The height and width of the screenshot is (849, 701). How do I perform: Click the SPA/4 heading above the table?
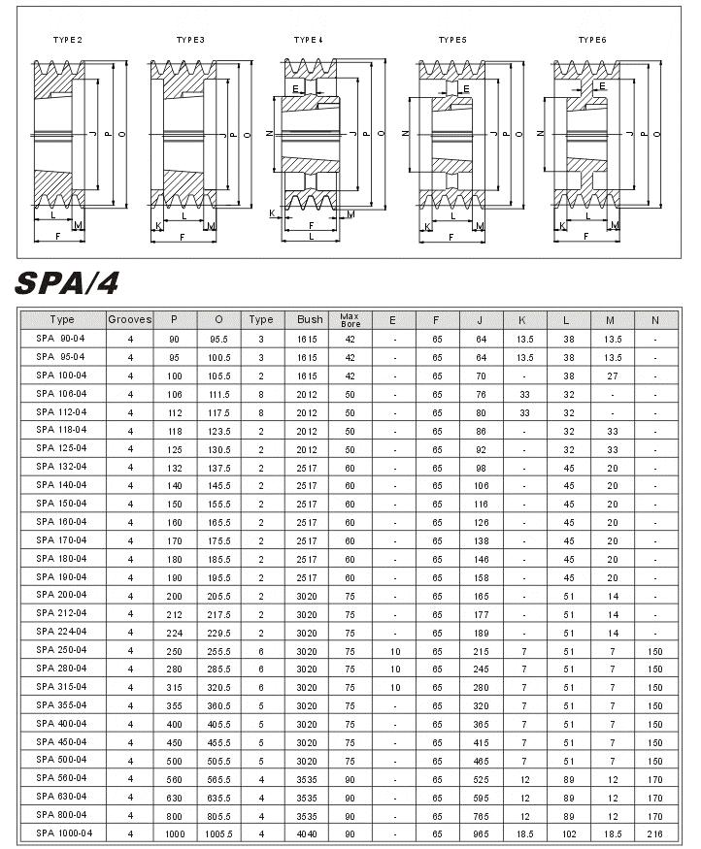[67, 282]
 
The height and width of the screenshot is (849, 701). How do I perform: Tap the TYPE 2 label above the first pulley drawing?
[67, 40]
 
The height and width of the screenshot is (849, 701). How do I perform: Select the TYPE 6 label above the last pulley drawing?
[591, 40]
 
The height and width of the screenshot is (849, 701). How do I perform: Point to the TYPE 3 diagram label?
[190, 40]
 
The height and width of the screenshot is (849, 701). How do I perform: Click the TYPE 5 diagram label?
[452, 40]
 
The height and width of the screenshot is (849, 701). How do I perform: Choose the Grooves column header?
[130, 319]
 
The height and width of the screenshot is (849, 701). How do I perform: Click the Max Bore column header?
[350, 319]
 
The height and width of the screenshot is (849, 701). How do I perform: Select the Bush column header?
[310, 319]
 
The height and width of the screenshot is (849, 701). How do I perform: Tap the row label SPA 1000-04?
[64, 833]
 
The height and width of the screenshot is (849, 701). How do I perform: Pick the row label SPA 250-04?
[61, 650]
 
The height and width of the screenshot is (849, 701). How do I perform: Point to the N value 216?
[655, 833]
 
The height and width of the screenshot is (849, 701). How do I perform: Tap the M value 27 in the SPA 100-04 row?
[612, 376]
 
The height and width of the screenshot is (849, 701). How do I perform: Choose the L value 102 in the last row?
[568, 833]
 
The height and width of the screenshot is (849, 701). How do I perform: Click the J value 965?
[481, 833]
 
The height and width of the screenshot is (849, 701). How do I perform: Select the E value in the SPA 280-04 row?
[394, 669]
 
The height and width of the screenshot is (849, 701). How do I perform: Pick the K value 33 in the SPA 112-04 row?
[524, 412]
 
